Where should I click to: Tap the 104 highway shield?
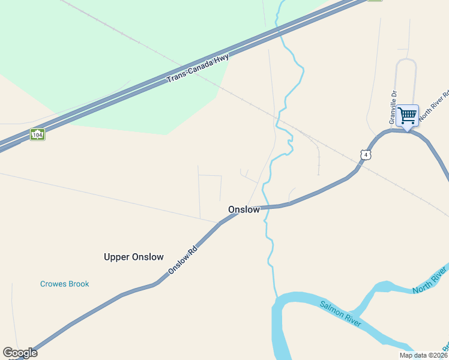pos(37,134)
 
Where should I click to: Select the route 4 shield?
pos(366,155)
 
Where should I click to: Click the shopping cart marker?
pos(407,115)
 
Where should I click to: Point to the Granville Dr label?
pos(394,107)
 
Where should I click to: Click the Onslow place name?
pos(244,209)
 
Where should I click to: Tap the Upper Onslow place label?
pos(133,257)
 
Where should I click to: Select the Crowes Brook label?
pos(64,284)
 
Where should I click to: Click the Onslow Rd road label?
pos(182,259)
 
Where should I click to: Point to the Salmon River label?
pos(340,314)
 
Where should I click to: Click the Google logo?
pos(20,353)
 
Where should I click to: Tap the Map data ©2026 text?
pos(423,355)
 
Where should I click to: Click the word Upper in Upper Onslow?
pos(116,257)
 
